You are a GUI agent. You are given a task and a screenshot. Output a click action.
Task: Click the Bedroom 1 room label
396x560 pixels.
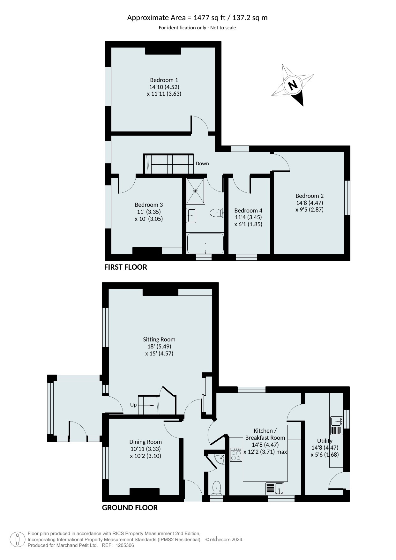164,80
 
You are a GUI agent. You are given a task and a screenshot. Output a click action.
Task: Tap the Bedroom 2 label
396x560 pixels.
310,196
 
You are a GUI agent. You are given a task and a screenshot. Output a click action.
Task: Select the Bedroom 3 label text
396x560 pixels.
149,205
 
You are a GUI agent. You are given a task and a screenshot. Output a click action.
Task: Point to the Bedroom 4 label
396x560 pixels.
248,211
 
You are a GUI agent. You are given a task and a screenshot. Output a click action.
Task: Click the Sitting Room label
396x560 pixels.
159,340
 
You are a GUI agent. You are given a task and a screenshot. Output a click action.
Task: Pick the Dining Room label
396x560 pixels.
146,442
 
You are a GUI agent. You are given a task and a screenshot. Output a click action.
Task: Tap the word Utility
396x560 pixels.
325,441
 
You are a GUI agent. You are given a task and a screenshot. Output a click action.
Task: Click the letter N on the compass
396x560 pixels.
293,85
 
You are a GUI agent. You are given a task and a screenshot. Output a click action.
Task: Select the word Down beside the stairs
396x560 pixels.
202,164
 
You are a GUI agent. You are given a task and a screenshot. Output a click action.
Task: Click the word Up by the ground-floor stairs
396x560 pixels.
133,405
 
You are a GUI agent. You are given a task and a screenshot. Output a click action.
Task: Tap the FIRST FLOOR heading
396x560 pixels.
126,267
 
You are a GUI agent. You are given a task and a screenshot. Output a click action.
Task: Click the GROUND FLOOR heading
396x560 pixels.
130,508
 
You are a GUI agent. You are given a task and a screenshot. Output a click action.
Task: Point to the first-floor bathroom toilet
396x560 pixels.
217,213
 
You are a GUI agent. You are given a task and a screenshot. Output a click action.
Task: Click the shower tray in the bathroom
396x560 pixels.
195,191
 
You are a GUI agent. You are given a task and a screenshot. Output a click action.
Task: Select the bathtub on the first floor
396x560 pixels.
205,243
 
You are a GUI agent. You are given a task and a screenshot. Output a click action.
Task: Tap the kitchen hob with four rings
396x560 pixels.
236,454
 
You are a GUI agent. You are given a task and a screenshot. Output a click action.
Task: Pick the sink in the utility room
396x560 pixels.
337,422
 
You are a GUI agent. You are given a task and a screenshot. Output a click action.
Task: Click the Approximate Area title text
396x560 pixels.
198,18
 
